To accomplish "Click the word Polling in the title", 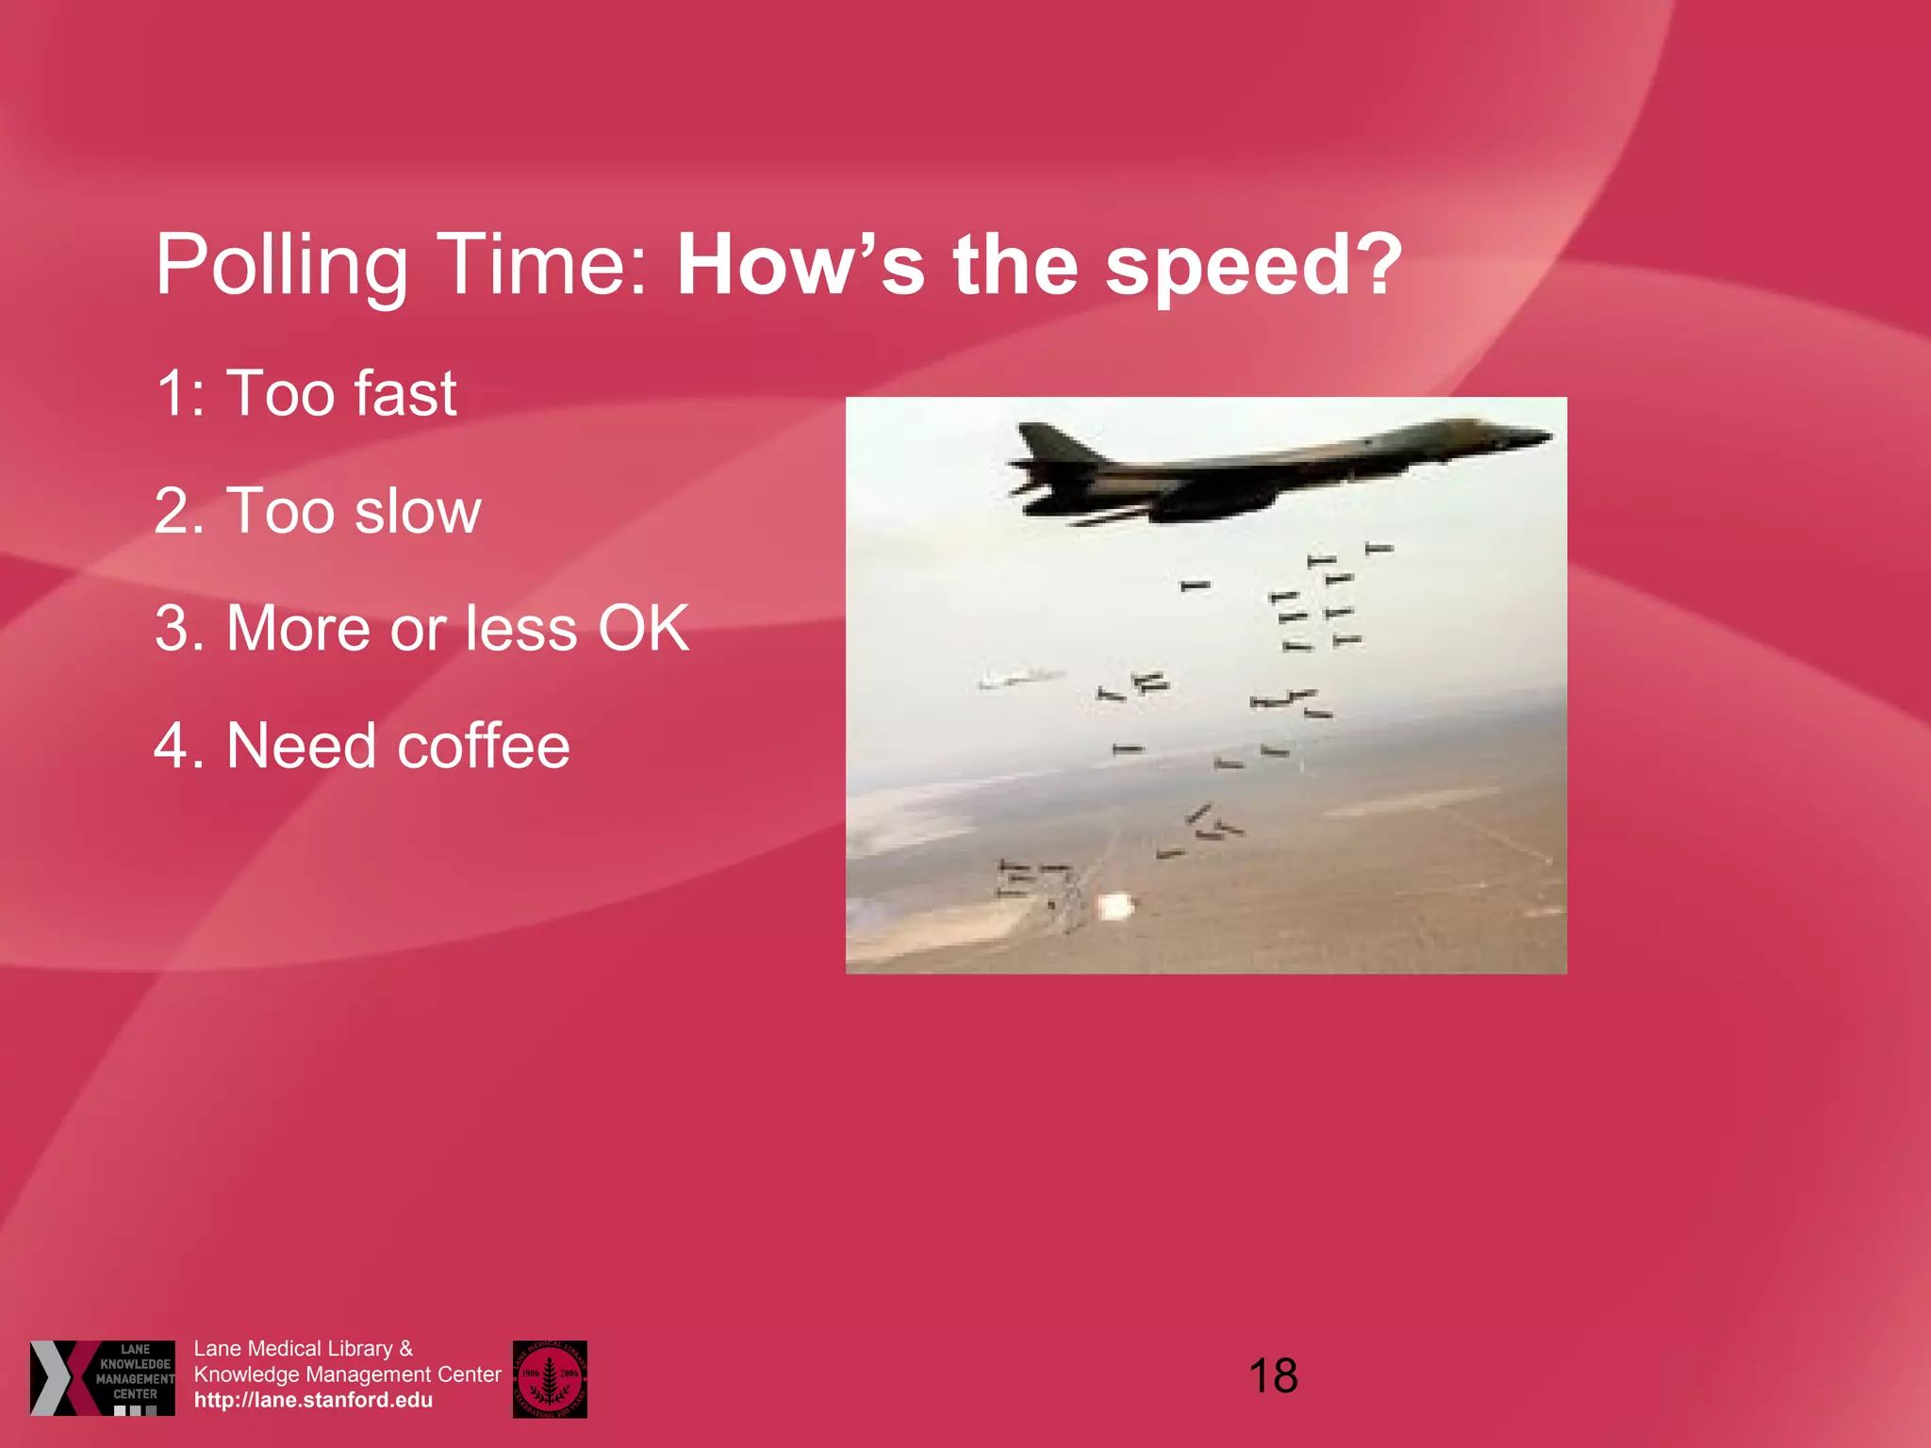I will pyautogui.click(x=280, y=266).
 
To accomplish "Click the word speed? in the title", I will pyautogui.click(x=1254, y=266).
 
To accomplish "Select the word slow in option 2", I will pyautogui.click(x=418, y=512).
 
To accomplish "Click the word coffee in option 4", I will pyautogui.click(x=483, y=747).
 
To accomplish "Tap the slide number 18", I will pyautogui.click(x=1273, y=1376).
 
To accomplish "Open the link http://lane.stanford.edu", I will pyautogui.click(x=313, y=1400).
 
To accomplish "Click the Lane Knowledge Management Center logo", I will pyautogui.click(x=102, y=1377).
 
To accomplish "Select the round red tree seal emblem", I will pyautogui.click(x=550, y=1378).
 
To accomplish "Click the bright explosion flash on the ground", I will pyautogui.click(x=1115, y=907).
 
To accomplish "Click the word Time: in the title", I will pyautogui.click(x=542, y=266).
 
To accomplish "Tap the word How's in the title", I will pyautogui.click(x=800, y=266).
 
